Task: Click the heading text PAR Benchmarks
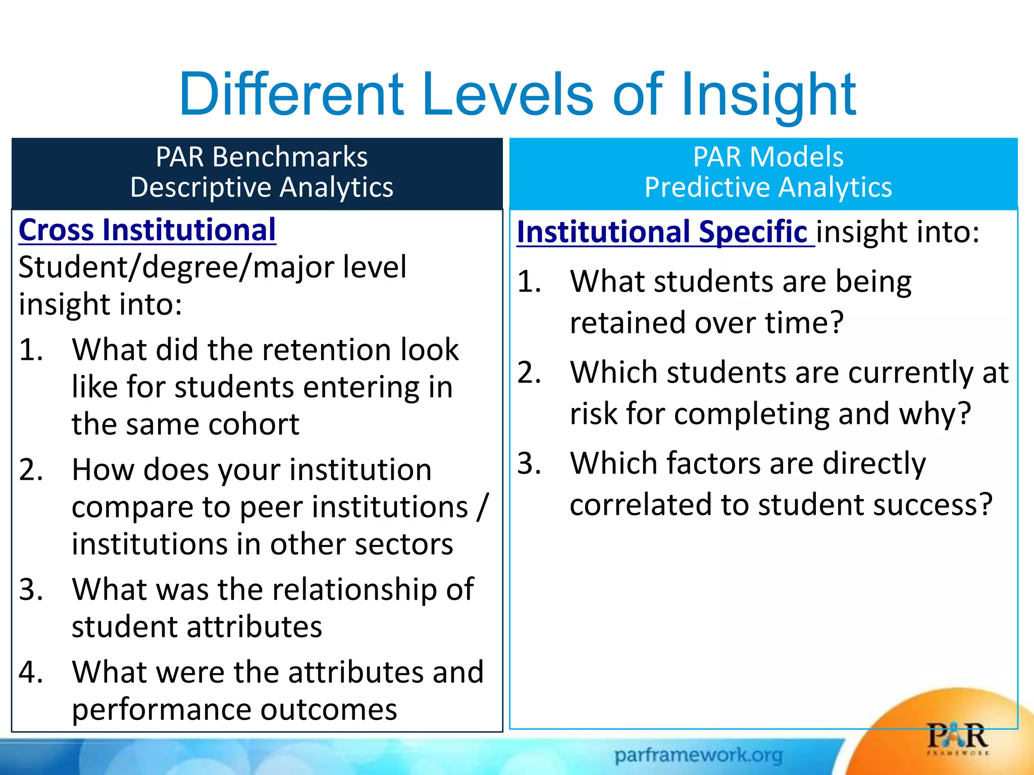pos(262,157)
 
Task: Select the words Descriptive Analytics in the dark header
pos(262,188)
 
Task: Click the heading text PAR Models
pos(768,157)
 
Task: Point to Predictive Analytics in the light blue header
pos(768,188)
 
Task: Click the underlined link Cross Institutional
pos(147,230)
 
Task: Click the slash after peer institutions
pos(483,507)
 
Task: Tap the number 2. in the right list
pos(529,372)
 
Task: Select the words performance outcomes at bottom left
pos(234,710)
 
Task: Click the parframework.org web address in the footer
pos(698,755)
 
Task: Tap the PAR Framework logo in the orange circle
pos(957,738)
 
